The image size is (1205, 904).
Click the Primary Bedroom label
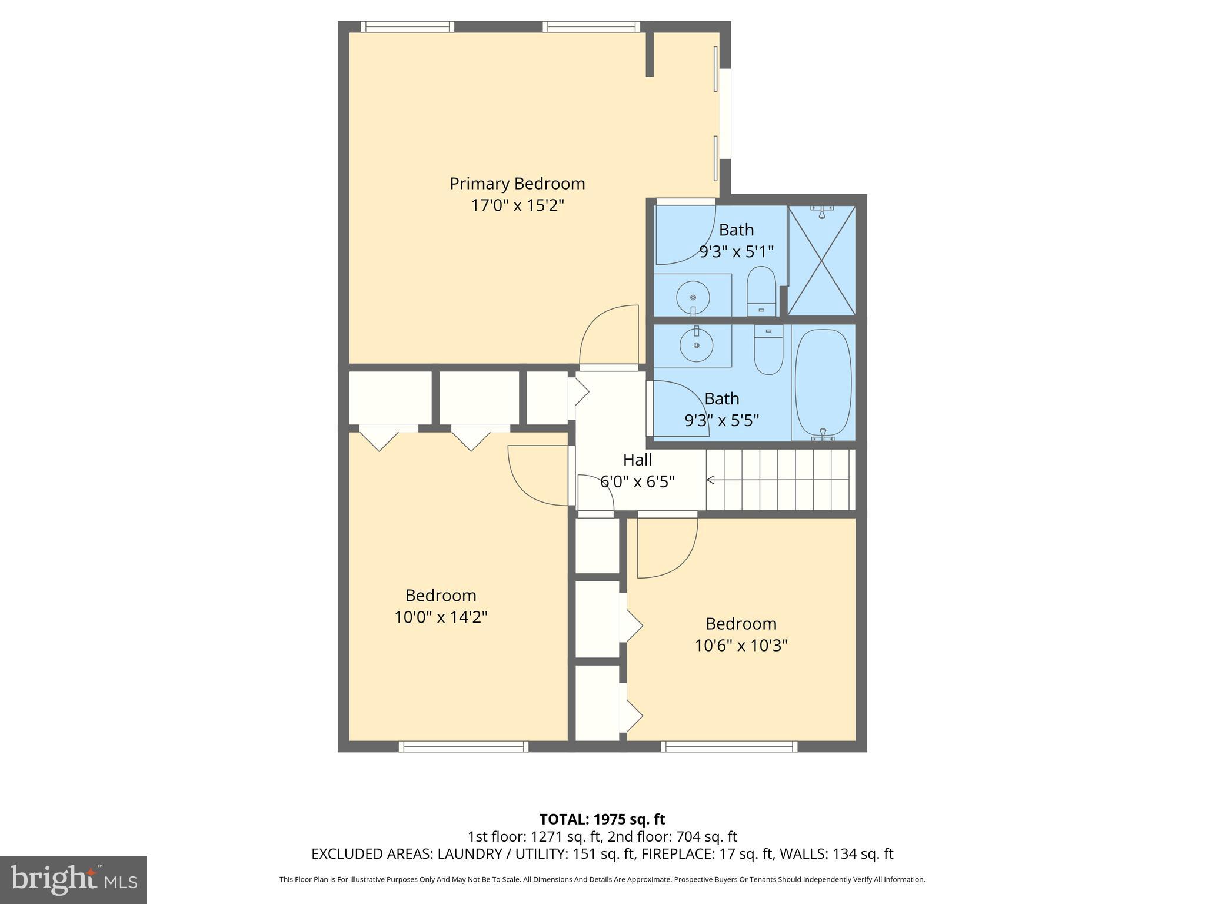517,184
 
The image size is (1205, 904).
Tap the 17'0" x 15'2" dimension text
517,205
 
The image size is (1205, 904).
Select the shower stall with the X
821,260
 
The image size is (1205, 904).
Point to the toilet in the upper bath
762,291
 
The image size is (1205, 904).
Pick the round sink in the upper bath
693,297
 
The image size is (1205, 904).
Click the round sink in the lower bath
697,345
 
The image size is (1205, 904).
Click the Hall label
637,460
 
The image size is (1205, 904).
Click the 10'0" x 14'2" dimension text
441,617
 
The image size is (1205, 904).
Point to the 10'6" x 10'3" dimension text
741,646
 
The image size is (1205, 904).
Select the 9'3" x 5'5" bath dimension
721,421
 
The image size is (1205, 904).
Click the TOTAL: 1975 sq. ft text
602,819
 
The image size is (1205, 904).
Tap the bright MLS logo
73,880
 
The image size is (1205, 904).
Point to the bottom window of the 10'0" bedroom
463,747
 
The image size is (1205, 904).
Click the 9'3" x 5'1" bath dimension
736,252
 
